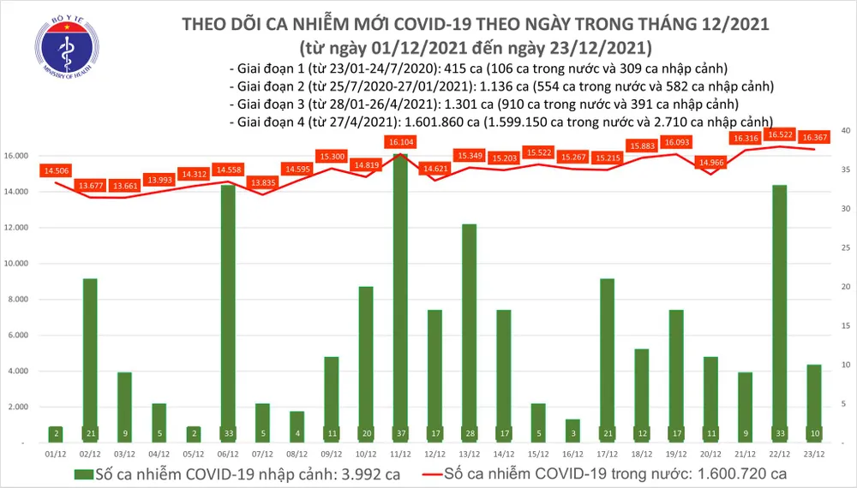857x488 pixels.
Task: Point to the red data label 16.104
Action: point(401,142)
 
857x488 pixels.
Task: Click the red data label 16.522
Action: point(779,135)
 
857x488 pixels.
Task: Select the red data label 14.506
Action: point(55,171)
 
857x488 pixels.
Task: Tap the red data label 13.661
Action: point(123,186)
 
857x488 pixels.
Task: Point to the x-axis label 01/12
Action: point(55,456)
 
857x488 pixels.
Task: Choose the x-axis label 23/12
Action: point(813,456)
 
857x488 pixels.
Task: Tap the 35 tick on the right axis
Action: point(845,170)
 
